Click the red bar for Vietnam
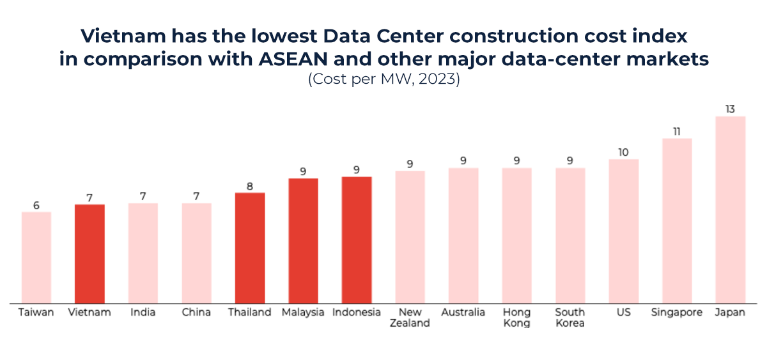coord(89,253)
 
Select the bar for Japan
coord(730,209)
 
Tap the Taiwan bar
coord(36,257)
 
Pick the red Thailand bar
coord(250,247)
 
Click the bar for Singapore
coord(677,220)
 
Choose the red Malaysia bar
coord(303,240)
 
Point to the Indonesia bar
coord(357,239)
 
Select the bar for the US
coord(623,231)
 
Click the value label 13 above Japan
coord(730,109)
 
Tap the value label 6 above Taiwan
coord(36,205)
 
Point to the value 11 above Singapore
coord(677,132)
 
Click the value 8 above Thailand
coord(250,187)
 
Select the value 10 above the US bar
coord(623,152)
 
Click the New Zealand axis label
coord(410,317)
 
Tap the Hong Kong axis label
coord(516,317)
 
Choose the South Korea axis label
coord(569,317)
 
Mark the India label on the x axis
coord(143,312)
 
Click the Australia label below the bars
coord(463,312)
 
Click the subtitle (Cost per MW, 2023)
coord(383,81)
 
